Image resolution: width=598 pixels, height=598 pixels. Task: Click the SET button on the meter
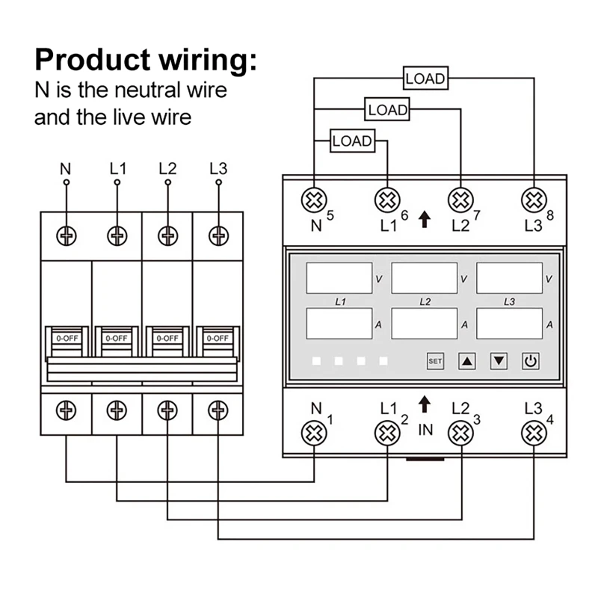(x=435, y=361)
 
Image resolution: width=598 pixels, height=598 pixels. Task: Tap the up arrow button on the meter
(x=467, y=361)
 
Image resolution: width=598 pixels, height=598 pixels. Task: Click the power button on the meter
(x=530, y=361)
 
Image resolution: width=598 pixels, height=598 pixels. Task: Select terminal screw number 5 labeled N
(x=313, y=200)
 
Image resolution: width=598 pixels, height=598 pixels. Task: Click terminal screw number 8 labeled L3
(x=533, y=200)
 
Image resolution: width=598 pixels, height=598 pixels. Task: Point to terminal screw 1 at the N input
(x=315, y=432)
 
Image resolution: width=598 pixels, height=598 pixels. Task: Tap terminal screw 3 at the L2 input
(x=461, y=432)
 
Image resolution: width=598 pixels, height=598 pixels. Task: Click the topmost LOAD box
(x=425, y=78)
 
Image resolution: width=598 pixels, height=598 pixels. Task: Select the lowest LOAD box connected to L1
(x=351, y=141)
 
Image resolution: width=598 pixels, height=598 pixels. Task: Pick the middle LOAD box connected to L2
(x=388, y=110)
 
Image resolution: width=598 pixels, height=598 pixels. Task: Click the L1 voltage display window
(x=339, y=278)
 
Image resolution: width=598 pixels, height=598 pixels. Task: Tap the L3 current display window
(x=509, y=324)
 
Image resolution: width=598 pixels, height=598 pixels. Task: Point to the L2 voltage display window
(x=424, y=278)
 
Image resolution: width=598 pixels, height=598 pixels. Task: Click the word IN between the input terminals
(x=425, y=430)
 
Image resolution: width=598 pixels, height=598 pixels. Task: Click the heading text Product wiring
(x=146, y=59)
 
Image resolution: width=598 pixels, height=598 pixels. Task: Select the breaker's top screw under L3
(x=218, y=235)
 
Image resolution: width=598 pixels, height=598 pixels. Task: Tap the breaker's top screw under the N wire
(x=67, y=235)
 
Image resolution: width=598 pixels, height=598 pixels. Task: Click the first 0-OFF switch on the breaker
(x=67, y=338)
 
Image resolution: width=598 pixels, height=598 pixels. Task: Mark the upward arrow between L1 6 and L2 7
(x=425, y=220)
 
